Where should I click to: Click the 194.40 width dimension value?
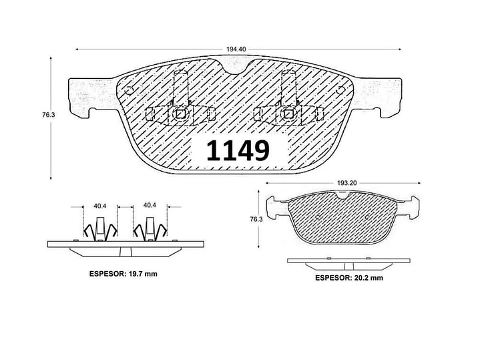click(236, 49)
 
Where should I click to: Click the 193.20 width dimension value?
click(347, 183)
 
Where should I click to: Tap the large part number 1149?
click(238, 150)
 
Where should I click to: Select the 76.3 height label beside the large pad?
click(48, 115)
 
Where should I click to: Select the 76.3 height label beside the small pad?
click(256, 219)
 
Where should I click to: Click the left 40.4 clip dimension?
click(99, 206)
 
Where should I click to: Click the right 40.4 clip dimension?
click(150, 205)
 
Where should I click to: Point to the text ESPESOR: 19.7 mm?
click(124, 274)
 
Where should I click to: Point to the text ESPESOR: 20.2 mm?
click(349, 278)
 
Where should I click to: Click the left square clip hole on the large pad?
click(180, 114)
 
